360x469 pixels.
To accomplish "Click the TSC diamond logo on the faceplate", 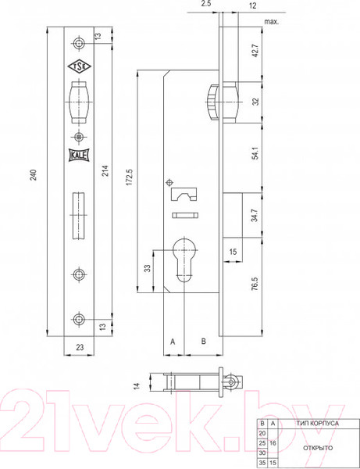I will (x=79, y=67).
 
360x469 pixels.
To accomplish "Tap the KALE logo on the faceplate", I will (x=79, y=155).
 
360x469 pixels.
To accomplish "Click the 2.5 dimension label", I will (x=205, y=5).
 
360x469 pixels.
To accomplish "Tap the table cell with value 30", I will (x=262, y=452).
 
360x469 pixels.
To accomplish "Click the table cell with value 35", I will (x=262, y=463).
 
